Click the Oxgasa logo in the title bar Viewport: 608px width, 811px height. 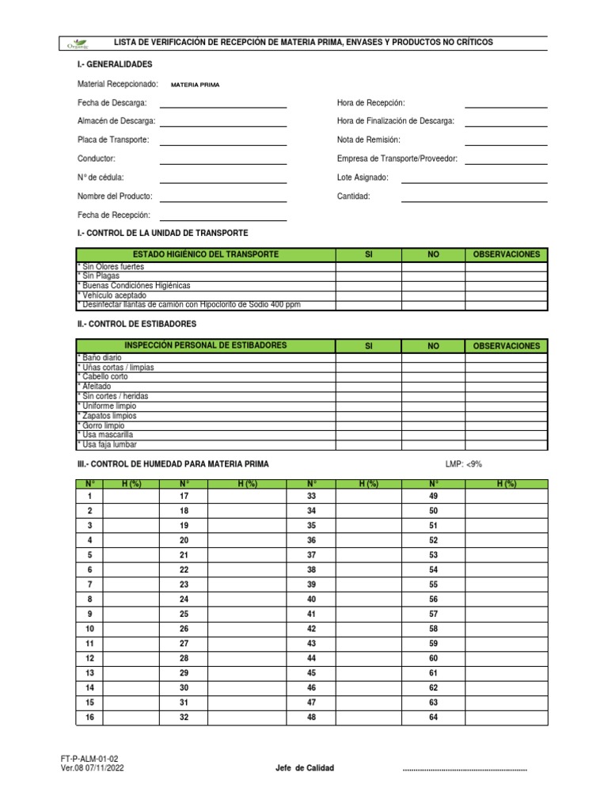80,43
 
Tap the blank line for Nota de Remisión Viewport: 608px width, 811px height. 505,143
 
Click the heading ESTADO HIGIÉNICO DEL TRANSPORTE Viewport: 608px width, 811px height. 205,254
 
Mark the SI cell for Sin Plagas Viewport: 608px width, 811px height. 368,276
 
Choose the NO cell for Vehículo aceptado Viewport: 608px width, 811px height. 433,295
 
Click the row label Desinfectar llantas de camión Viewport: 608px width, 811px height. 189,305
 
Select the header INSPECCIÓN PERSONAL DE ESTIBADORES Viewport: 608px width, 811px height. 205,346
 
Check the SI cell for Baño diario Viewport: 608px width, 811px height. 368,358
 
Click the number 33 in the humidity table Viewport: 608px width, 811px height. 311,497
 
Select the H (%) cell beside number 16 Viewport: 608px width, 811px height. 131,718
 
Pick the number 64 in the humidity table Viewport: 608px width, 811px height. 433,718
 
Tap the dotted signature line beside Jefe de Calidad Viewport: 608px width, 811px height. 465,769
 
